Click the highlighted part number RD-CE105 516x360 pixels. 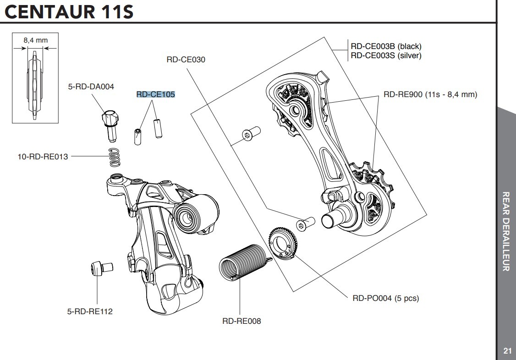pos(156,95)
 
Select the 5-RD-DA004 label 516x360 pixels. pos(91,86)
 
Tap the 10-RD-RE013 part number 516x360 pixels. pos(43,157)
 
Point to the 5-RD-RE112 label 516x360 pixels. pos(90,311)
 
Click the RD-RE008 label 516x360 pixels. pos(242,321)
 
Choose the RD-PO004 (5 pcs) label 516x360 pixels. pos(385,298)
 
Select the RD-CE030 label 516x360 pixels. pos(186,60)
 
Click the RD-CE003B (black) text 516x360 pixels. pos(386,46)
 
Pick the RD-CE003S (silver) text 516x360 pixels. pos(386,55)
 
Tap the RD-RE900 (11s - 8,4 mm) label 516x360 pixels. pos(430,95)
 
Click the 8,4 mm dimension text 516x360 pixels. pos(36,40)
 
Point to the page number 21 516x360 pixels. pos(507,351)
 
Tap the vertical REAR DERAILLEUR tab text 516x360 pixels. pos(506,231)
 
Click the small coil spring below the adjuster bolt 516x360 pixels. pos(115,158)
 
